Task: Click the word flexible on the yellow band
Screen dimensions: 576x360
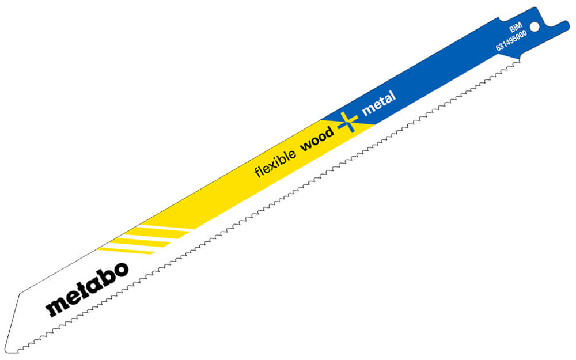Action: click(275, 163)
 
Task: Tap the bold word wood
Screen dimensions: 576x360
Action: click(317, 139)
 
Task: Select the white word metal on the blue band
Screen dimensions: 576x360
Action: click(379, 103)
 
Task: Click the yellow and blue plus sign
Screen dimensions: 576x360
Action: click(347, 122)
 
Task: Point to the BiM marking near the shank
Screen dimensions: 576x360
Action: click(516, 28)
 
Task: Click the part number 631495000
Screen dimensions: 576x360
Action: click(511, 40)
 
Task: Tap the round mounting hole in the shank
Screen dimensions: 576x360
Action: click(535, 27)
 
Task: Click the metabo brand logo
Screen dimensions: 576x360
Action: click(87, 289)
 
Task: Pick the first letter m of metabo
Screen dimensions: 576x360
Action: click(55, 307)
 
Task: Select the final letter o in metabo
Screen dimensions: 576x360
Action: click(120, 270)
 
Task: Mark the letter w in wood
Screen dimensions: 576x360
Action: click(306, 146)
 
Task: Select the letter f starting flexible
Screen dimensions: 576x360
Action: click(257, 172)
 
